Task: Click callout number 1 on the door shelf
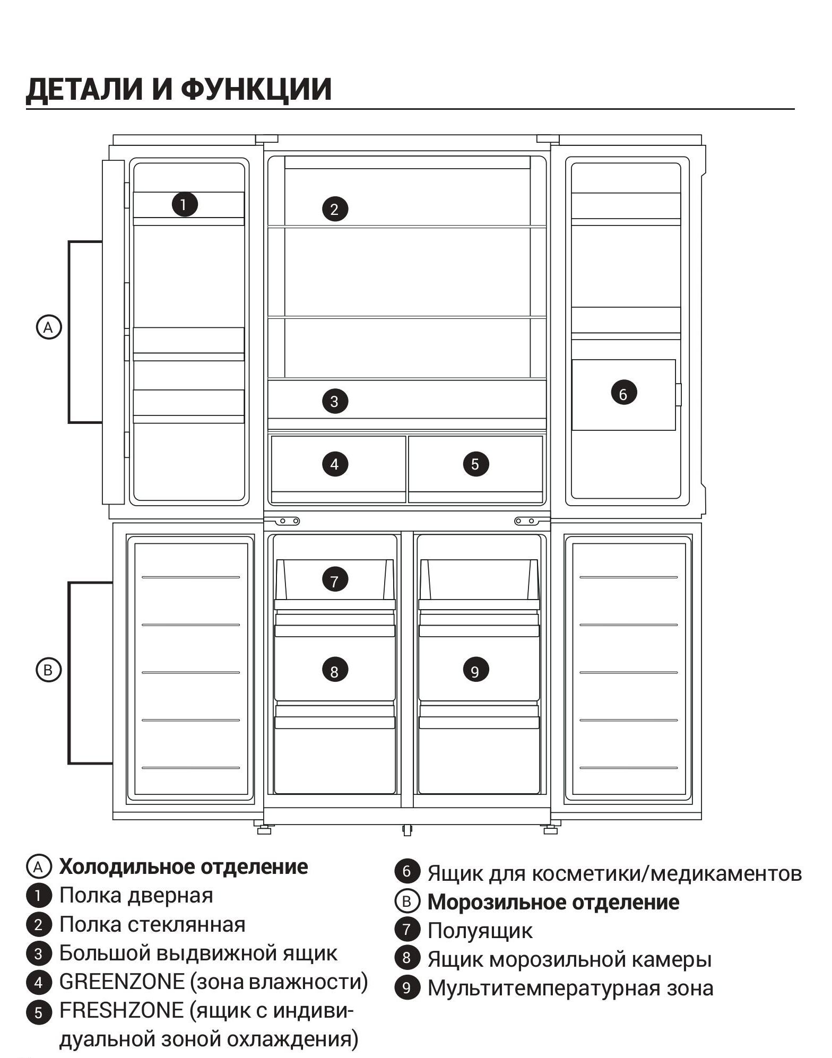(185, 204)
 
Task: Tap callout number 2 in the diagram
(335, 209)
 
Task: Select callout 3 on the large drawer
(335, 401)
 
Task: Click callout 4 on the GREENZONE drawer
(335, 464)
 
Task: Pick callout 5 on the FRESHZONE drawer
(475, 464)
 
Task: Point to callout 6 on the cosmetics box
(623, 394)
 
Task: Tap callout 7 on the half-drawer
(335, 580)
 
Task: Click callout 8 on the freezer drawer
(335, 671)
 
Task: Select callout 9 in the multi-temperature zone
(475, 671)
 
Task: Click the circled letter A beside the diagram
(48, 327)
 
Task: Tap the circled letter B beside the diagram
(48, 670)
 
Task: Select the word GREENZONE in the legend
(122, 982)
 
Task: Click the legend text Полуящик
(480, 931)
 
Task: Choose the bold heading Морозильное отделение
(553, 902)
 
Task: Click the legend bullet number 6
(407, 871)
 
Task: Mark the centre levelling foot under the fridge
(407, 830)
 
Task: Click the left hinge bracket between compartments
(287, 521)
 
